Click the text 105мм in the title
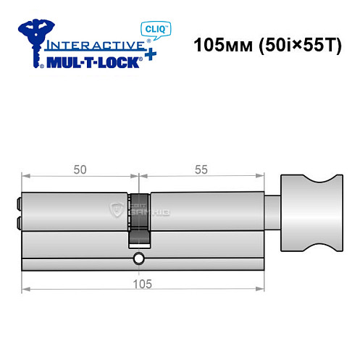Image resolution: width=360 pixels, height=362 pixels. click(x=218, y=45)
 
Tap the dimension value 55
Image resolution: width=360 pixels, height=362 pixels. click(x=201, y=170)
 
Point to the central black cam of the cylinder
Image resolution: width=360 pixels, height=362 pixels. click(x=139, y=217)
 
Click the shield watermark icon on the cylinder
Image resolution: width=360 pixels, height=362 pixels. click(x=116, y=211)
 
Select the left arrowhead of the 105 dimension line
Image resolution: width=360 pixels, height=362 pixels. click(x=25, y=291)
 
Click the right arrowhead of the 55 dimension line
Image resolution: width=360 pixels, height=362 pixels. click(x=259, y=177)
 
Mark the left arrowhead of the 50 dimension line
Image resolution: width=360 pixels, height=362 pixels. click(x=25, y=177)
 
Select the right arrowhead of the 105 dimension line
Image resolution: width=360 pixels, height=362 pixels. click(x=259, y=291)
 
